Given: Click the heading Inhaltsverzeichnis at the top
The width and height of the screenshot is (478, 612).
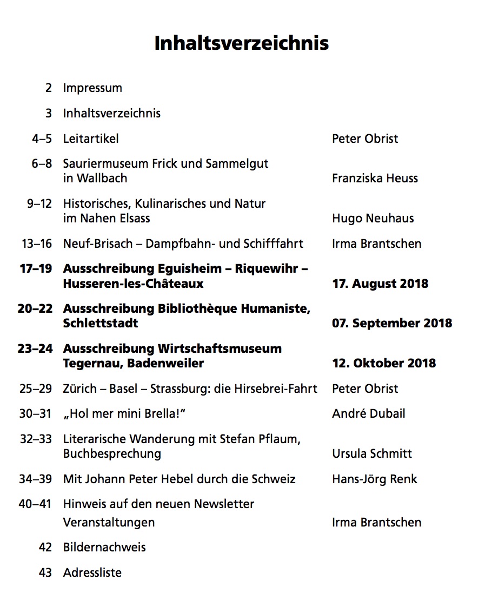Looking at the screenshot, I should pyautogui.click(x=241, y=43).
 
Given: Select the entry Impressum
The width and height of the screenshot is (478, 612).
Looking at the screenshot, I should pyautogui.click(x=92, y=88).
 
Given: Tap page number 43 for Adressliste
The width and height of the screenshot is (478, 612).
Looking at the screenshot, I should pyautogui.click(x=45, y=572).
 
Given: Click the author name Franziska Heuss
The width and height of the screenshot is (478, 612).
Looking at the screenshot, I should pyautogui.click(x=375, y=178).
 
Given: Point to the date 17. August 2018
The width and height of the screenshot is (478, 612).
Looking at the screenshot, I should pyautogui.click(x=380, y=284).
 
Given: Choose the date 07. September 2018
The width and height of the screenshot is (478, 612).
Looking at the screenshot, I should pyautogui.click(x=392, y=323).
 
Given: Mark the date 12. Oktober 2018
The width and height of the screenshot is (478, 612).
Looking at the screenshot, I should pyautogui.click(x=384, y=363).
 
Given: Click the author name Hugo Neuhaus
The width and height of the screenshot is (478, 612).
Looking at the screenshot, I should pyautogui.click(x=373, y=218).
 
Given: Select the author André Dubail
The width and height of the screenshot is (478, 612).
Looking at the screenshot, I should pyautogui.click(x=368, y=414).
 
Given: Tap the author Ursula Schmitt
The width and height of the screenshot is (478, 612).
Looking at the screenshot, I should pyautogui.click(x=372, y=453).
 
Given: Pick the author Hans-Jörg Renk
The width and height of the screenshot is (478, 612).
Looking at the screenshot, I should pyautogui.click(x=375, y=479).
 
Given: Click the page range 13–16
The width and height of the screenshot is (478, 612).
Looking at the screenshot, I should pyautogui.click(x=37, y=244).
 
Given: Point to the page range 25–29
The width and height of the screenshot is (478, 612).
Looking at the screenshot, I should pyautogui.click(x=36, y=389).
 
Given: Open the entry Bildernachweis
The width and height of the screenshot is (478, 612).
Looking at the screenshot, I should pyautogui.click(x=104, y=548).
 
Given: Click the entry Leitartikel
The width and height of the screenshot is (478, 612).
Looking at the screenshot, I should pyautogui.click(x=91, y=139).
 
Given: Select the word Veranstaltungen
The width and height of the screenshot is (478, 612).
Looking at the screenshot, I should pyautogui.click(x=109, y=523).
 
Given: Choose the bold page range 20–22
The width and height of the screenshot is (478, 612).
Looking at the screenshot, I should pyautogui.click(x=35, y=309).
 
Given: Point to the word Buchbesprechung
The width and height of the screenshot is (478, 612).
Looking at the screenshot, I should pyautogui.click(x=112, y=453).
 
